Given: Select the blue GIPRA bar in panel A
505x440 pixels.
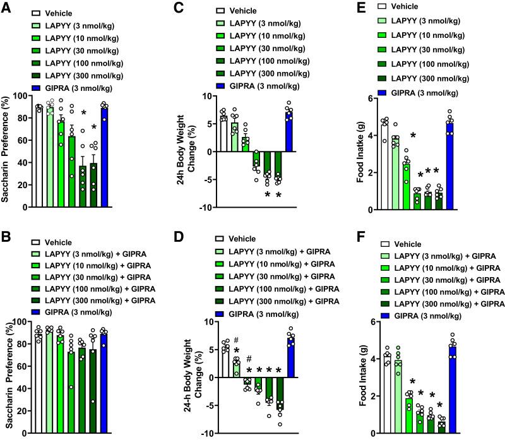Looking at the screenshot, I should (x=104, y=158).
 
